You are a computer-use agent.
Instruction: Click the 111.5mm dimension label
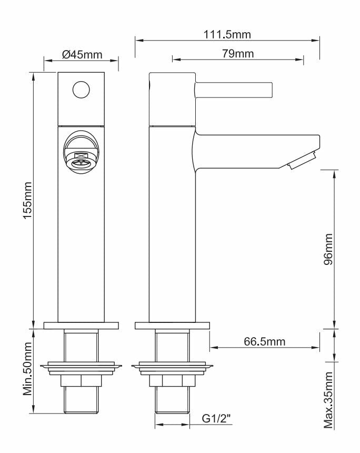(x=227, y=35)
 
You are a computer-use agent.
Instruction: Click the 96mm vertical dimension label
(x=328, y=248)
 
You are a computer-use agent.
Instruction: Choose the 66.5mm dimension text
(x=264, y=342)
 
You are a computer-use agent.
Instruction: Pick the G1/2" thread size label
(x=217, y=419)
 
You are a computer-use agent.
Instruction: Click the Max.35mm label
(x=328, y=400)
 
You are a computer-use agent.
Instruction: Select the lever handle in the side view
(x=234, y=90)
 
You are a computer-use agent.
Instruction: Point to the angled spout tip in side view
(x=303, y=160)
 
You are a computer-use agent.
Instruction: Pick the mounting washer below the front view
(x=81, y=367)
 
